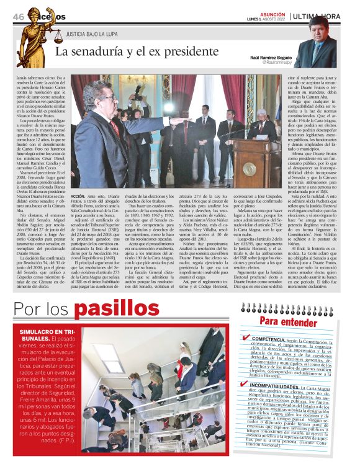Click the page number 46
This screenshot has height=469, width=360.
click(18, 16)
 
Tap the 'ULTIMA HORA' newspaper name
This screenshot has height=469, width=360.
click(320, 16)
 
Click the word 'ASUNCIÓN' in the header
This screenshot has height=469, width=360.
click(271, 13)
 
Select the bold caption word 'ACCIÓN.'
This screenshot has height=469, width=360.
click(82, 194)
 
